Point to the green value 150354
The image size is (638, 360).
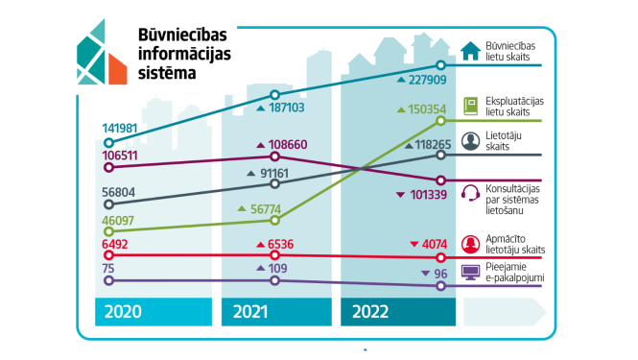(427, 109)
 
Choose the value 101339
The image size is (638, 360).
(427, 196)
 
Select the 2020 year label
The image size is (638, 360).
(122, 312)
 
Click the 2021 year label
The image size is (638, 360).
(250, 312)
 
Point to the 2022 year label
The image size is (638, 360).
(371, 312)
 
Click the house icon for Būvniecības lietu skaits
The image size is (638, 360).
(472, 51)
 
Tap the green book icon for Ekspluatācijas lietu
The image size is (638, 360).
(472, 105)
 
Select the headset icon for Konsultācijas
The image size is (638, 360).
(472, 191)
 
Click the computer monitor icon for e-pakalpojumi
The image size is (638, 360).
(472, 273)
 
